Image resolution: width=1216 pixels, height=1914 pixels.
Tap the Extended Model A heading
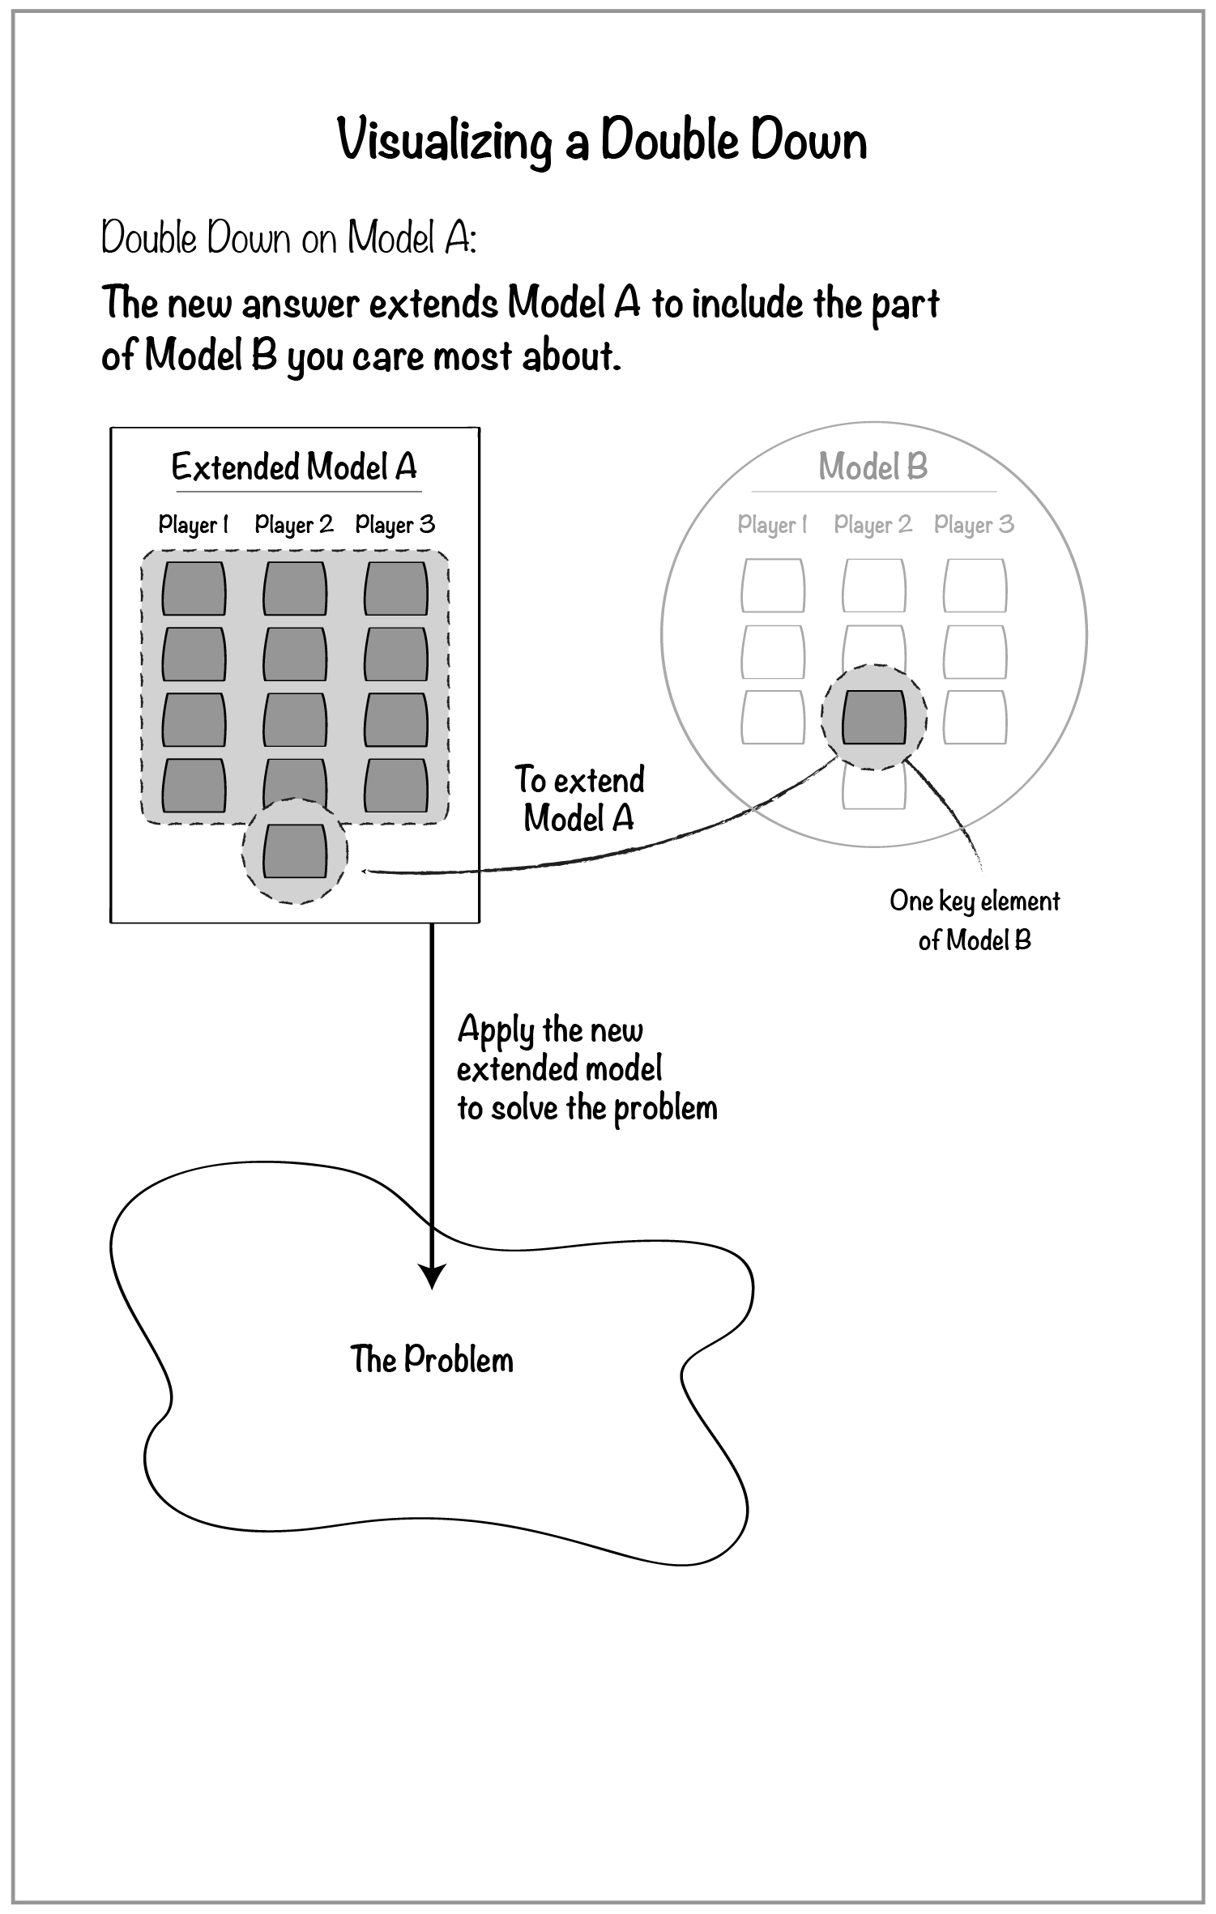294,467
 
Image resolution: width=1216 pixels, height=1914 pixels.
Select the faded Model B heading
873,467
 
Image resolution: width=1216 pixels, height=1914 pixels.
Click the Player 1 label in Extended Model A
193,525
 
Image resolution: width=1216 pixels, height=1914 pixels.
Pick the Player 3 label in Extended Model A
395,525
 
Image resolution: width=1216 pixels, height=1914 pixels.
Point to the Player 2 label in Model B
873,525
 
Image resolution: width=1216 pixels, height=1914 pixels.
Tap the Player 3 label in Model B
974,525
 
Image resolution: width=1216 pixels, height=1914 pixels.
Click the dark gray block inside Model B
873,718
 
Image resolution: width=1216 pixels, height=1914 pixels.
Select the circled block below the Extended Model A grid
295,851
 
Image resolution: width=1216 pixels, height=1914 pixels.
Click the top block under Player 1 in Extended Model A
194,589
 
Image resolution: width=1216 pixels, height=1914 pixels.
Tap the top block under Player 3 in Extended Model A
396,589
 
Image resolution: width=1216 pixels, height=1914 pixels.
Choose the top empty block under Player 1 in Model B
773,586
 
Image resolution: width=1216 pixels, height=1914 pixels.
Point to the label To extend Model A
579,799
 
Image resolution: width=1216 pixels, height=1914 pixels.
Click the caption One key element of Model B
975,920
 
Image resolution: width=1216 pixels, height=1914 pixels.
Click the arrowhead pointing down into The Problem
433,1277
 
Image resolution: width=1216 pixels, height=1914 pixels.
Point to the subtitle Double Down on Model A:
288,238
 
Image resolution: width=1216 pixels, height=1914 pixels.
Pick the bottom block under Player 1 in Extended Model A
194,786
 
